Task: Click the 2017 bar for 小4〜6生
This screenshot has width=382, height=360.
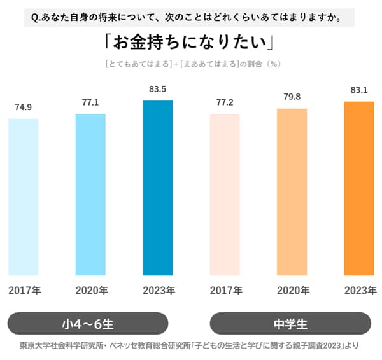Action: coord(24,197)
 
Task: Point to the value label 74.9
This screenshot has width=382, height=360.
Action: coord(24,107)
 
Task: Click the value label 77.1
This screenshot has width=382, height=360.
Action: coord(90,102)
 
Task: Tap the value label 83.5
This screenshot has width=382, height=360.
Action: coord(157,90)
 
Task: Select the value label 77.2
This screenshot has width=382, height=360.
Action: coord(225,102)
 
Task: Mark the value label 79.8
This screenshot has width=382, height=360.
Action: coord(292,97)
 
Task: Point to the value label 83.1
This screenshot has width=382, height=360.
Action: coord(359,90)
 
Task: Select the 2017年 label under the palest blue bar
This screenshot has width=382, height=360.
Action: coord(24,291)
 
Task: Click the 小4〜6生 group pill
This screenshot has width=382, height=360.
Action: coord(87,323)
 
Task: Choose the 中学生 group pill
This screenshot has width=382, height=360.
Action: coord(290,323)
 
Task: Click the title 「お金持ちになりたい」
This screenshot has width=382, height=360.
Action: coord(189,42)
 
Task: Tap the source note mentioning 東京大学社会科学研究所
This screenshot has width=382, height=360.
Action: coord(189,347)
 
